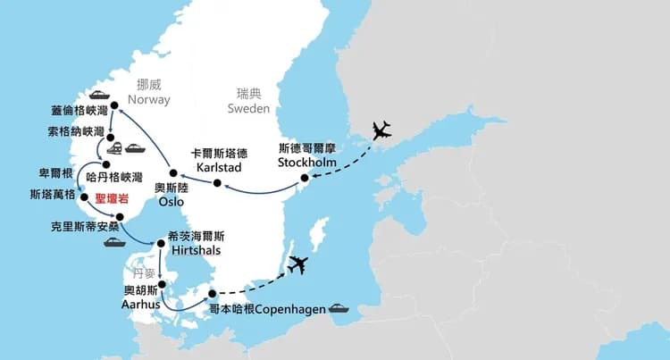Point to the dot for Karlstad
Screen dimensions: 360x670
pyautogui.click(x=215, y=183)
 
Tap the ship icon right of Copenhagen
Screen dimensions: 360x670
pyautogui.click(x=340, y=309)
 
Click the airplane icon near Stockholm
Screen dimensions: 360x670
pyautogui.click(x=381, y=131)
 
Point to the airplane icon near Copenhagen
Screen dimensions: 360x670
pyautogui.click(x=298, y=264)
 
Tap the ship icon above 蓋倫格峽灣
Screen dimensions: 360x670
pyautogui.click(x=97, y=94)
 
